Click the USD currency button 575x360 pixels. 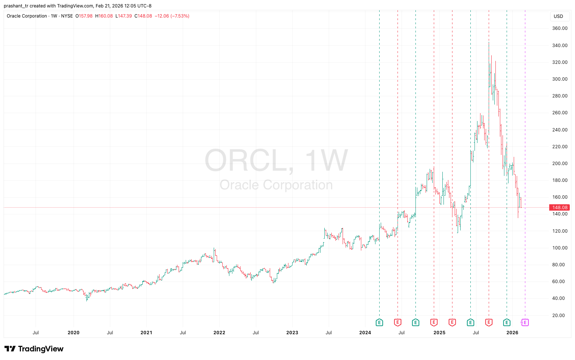(558, 16)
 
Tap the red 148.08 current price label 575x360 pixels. (560, 208)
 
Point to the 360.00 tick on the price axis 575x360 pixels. (560, 28)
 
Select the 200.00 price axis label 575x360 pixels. (560, 164)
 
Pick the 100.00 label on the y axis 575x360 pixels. (560, 248)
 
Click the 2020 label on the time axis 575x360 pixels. (73, 333)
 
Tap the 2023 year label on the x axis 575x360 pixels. (292, 333)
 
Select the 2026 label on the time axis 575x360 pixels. (512, 333)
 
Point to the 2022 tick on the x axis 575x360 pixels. (219, 333)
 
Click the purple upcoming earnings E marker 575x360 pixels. (525, 322)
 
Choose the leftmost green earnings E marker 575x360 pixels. (379, 322)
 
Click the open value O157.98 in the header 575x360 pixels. (84, 16)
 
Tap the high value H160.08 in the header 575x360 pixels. (104, 16)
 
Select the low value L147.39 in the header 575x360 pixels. (123, 16)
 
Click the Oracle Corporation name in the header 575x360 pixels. (27, 16)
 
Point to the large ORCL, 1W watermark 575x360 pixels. (276, 161)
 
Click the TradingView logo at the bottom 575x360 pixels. (34, 349)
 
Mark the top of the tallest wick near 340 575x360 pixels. (489, 42)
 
